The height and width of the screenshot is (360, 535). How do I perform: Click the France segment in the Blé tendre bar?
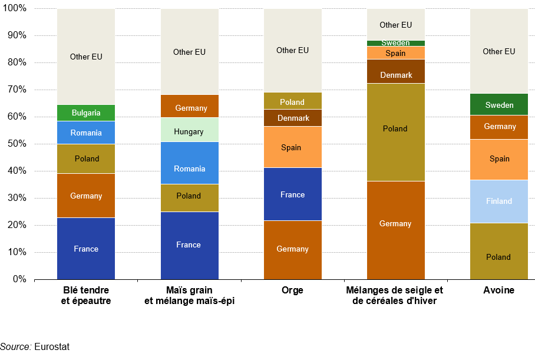coord(86,249)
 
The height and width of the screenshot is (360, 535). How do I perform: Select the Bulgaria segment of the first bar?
coord(86,113)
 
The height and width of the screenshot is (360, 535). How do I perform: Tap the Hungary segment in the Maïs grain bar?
coord(189,132)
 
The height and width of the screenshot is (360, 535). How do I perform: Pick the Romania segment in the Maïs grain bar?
coord(189,169)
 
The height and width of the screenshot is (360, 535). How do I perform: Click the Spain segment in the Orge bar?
coord(292,147)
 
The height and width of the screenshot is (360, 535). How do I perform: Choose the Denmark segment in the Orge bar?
coord(292,118)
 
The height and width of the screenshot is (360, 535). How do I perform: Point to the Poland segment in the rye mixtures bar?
coord(395,128)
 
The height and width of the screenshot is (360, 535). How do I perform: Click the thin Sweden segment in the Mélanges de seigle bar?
coord(395,43)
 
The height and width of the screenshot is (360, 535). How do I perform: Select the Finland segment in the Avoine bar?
coord(499,201)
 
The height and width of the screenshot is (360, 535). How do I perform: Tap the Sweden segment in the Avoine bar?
coord(499,105)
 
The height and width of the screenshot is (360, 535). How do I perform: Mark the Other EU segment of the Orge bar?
coord(292,50)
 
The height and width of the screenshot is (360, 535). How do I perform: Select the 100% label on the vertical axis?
coord(15,9)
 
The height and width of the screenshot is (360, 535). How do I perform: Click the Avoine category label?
coord(499,290)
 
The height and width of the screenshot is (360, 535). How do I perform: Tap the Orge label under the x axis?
coord(292,290)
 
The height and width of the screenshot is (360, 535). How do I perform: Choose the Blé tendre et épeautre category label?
coord(86,296)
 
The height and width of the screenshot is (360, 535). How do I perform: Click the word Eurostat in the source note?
coord(52,346)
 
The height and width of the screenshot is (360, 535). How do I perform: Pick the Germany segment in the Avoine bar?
coord(499,127)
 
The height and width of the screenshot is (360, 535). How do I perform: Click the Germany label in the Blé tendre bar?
coord(86,196)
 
